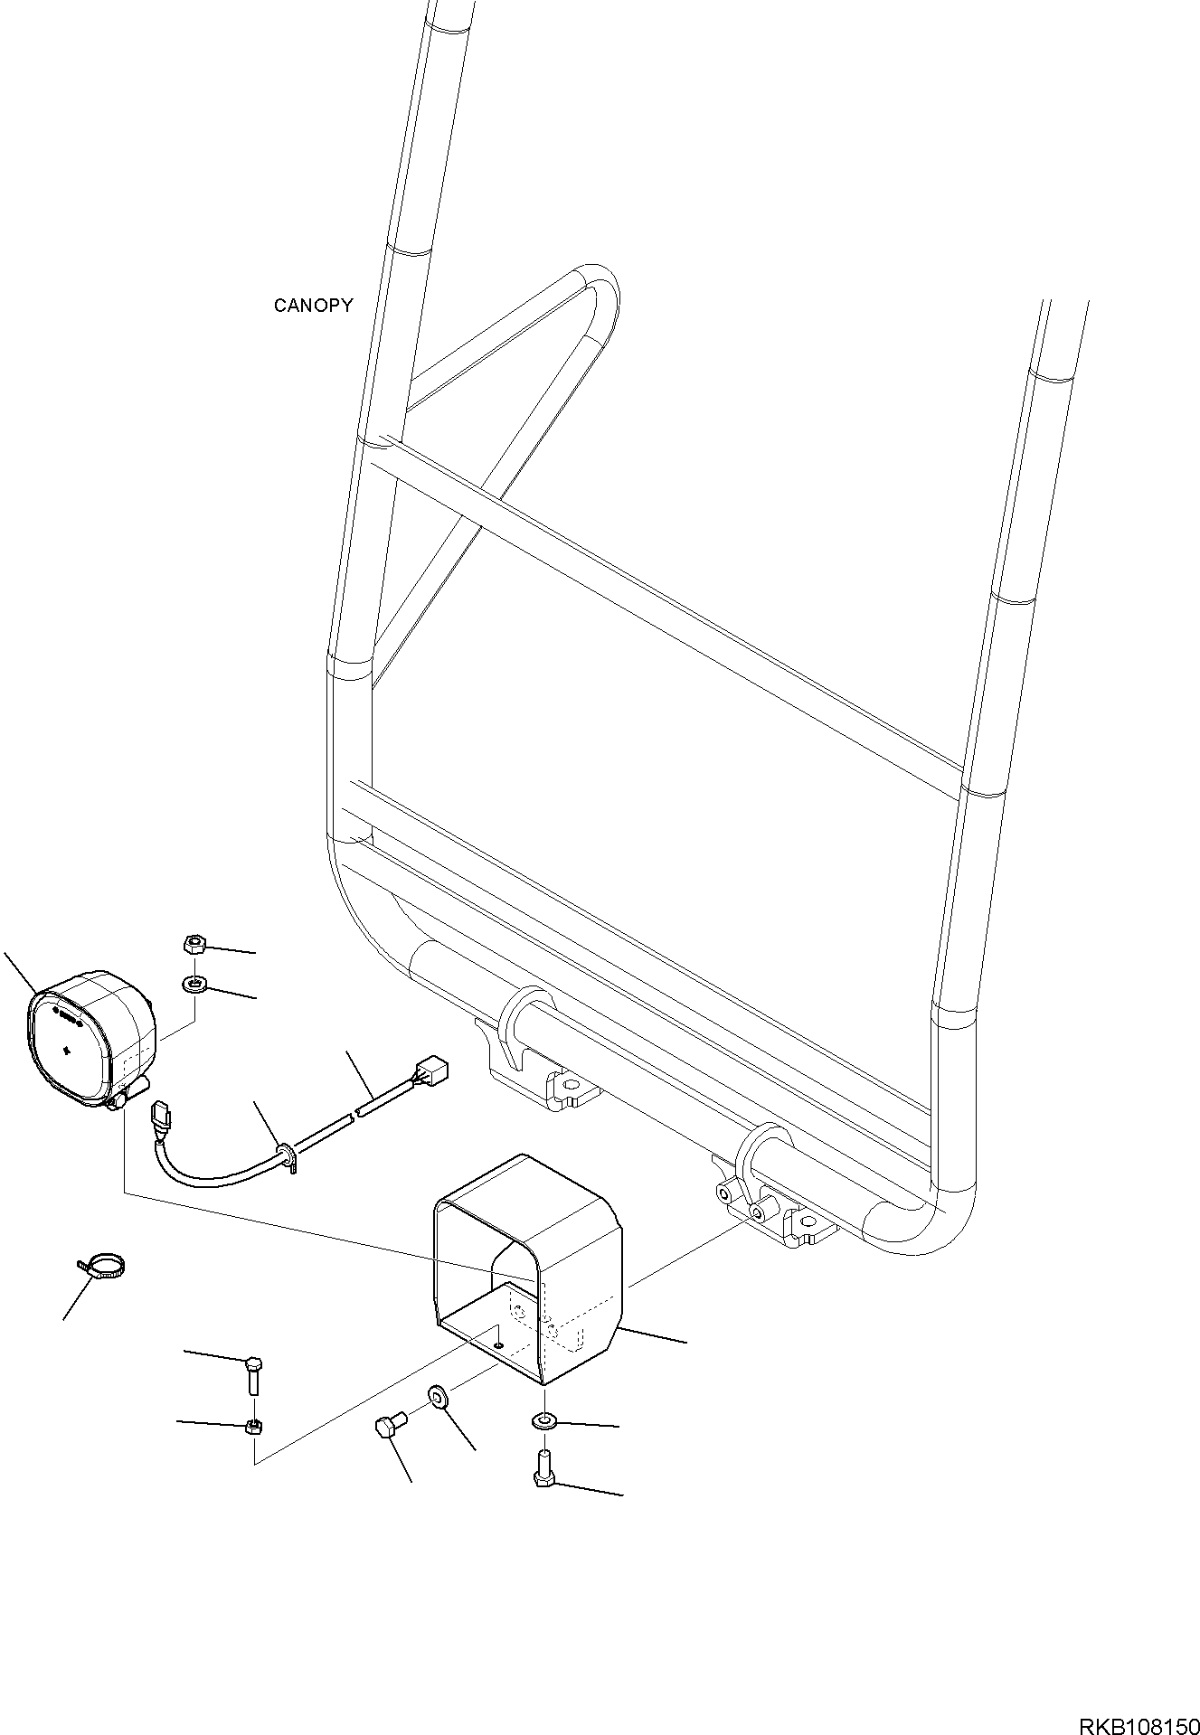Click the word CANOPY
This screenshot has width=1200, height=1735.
pos(313,306)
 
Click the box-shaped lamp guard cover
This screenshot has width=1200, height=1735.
pos(529,1280)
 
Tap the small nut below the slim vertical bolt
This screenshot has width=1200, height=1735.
pos(254,1428)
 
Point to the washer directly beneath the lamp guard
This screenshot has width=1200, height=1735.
pos(544,1422)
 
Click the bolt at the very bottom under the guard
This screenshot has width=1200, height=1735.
pos(544,1471)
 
